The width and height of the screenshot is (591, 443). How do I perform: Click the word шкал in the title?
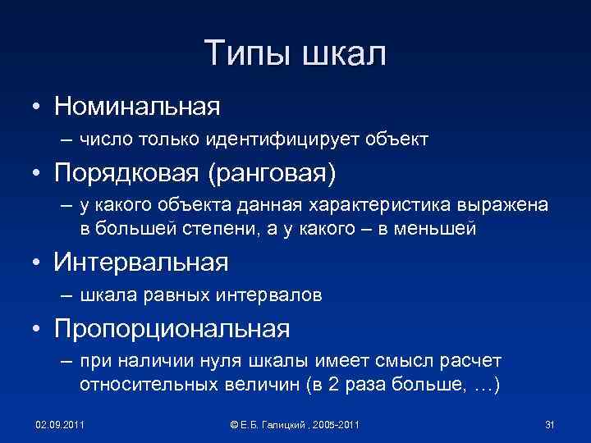click(344, 54)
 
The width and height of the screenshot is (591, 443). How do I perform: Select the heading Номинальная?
click(137, 106)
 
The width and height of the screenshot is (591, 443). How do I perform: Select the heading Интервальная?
click(141, 263)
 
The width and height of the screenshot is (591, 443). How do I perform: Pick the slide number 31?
click(551, 423)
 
